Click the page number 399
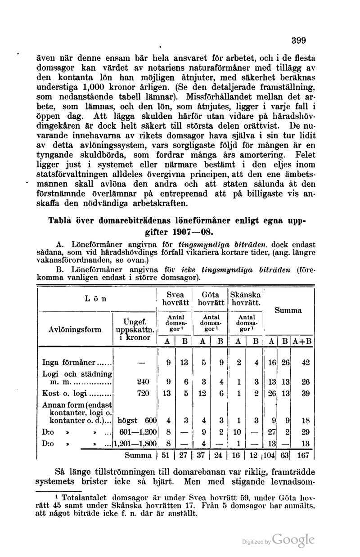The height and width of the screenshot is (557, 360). pyautogui.click(x=298, y=40)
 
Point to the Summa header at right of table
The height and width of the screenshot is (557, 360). pyautogui.click(x=289, y=310)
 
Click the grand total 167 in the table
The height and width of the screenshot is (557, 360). pyautogui.click(x=306, y=455)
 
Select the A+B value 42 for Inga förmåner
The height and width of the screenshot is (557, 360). pyautogui.click(x=306, y=362)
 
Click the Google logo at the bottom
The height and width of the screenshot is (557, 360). pyautogui.click(x=292, y=540)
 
